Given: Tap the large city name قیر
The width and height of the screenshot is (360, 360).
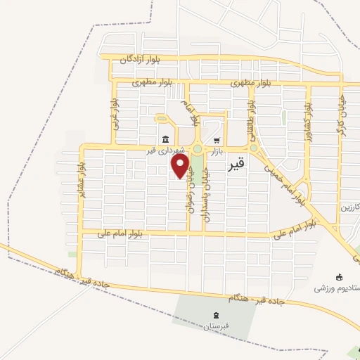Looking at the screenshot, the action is pyautogui.click(x=238, y=166).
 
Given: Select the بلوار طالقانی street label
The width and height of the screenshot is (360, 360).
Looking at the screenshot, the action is pyautogui.click(x=251, y=115).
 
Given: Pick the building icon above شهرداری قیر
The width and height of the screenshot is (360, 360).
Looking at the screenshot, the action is pyautogui.click(x=165, y=139).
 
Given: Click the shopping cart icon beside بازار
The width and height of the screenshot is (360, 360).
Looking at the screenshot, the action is pyautogui.click(x=217, y=139).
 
